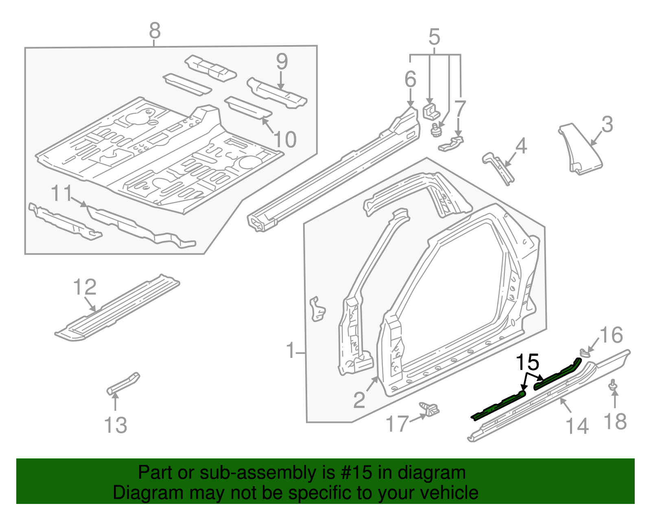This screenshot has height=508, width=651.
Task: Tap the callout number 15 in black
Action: coord(528,362)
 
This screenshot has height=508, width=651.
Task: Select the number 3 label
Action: coord(607,124)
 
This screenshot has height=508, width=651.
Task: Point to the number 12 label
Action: coord(85,287)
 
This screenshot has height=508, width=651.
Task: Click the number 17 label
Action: coord(397,424)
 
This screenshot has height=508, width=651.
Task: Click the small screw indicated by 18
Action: coord(612,385)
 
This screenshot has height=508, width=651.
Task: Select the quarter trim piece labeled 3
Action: coord(580,150)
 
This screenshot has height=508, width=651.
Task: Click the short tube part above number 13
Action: coord(123,383)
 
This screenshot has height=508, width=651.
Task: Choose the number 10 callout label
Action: coord(285,140)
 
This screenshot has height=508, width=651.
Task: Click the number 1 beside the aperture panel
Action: coord(291,351)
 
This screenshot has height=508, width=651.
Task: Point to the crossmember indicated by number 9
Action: coord(277,93)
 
